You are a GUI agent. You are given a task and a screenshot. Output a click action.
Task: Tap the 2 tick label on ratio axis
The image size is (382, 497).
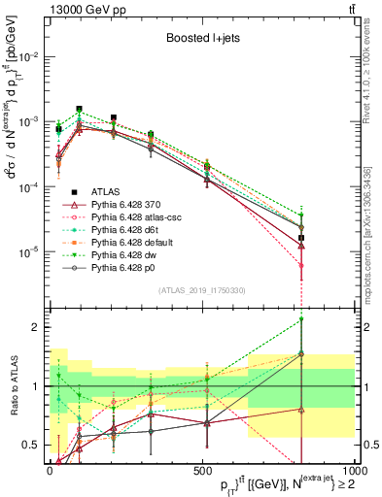(x=37, y=327)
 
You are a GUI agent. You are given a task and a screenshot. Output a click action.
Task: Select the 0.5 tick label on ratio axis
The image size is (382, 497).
(x=33, y=446)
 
